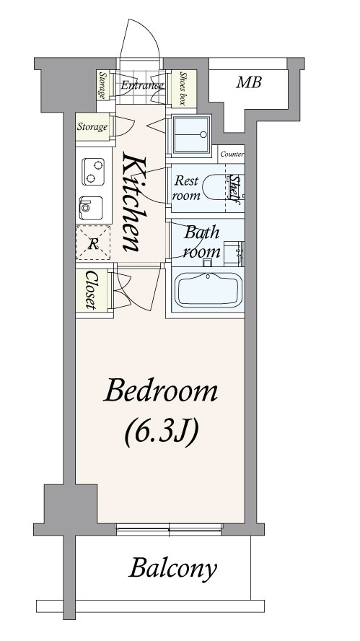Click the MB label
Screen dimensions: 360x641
(249, 83)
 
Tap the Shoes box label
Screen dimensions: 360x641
(183, 89)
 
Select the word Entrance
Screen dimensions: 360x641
(142, 86)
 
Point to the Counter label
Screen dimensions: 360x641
(232, 154)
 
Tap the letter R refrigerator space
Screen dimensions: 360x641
(94, 245)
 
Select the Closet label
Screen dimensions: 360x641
(91, 290)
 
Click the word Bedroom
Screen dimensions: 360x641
(161, 391)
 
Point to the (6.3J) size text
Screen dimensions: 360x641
(161, 432)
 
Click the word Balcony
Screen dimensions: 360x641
(173, 569)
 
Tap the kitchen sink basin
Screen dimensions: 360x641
(91, 208)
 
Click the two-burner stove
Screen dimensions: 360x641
(93, 172)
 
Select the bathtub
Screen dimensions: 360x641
(208, 290)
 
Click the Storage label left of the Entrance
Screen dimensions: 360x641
(102, 85)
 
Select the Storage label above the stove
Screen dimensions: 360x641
(92, 127)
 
